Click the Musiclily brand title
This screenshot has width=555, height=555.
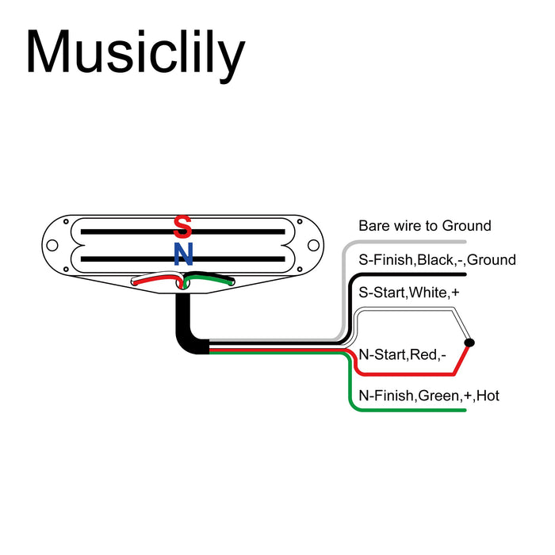pyautogui.click(x=135, y=54)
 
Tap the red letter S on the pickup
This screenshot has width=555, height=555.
pyautogui.click(x=182, y=227)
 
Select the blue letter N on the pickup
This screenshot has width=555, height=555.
pyautogui.click(x=183, y=254)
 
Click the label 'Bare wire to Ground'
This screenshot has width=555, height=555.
pyautogui.click(x=425, y=226)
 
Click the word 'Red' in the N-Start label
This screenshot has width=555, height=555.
pyautogui.click(x=424, y=354)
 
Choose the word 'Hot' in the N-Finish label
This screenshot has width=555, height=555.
pyautogui.click(x=488, y=395)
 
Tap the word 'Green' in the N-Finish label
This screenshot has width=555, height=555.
pyautogui.click(x=439, y=395)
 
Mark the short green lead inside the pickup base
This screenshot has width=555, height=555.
pyautogui.click(x=212, y=278)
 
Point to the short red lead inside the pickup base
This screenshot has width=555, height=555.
pyautogui.click(x=155, y=279)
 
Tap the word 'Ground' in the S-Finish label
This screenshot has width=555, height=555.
pyautogui.click(x=492, y=260)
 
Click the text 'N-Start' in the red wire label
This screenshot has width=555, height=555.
pyautogui.click(x=383, y=354)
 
